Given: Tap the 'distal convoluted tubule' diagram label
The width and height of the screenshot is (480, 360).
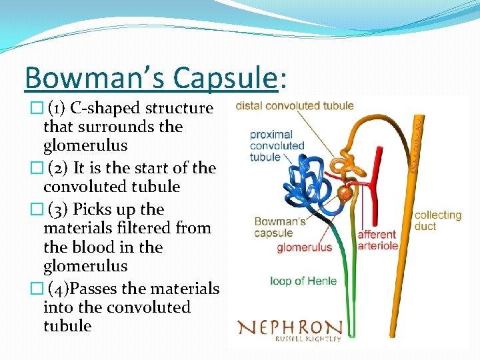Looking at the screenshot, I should tap(295, 105).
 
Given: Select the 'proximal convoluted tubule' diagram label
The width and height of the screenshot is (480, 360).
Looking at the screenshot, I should tap(277, 145).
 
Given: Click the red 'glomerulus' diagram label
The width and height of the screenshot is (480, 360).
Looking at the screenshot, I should tap(304, 248).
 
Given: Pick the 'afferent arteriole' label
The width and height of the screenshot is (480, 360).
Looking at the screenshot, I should tap(378, 240).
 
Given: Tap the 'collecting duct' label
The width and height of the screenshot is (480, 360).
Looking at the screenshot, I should tap(437, 221).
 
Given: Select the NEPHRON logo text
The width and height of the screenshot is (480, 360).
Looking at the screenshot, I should tap(289, 327).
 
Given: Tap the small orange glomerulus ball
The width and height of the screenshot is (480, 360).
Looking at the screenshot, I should tap(344, 195).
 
